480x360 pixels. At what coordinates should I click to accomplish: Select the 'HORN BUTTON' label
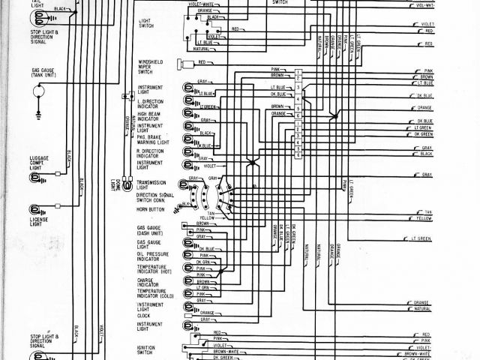pyautogui.click(x=151, y=210)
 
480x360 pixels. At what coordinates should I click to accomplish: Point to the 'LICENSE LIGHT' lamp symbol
pyautogui.click(x=34, y=210)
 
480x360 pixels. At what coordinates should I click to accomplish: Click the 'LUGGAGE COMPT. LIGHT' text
pyautogui.click(x=40, y=162)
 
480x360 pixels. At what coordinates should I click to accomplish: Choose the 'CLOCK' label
pyautogui.click(x=144, y=315)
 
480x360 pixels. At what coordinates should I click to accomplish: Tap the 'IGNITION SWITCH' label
pyautogui.click(x=146, y=349)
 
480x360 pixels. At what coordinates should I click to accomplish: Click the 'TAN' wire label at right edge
pyautogui.click(x=428, y=212)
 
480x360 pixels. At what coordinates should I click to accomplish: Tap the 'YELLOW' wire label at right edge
pyautogui.click(x=424, y=217)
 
